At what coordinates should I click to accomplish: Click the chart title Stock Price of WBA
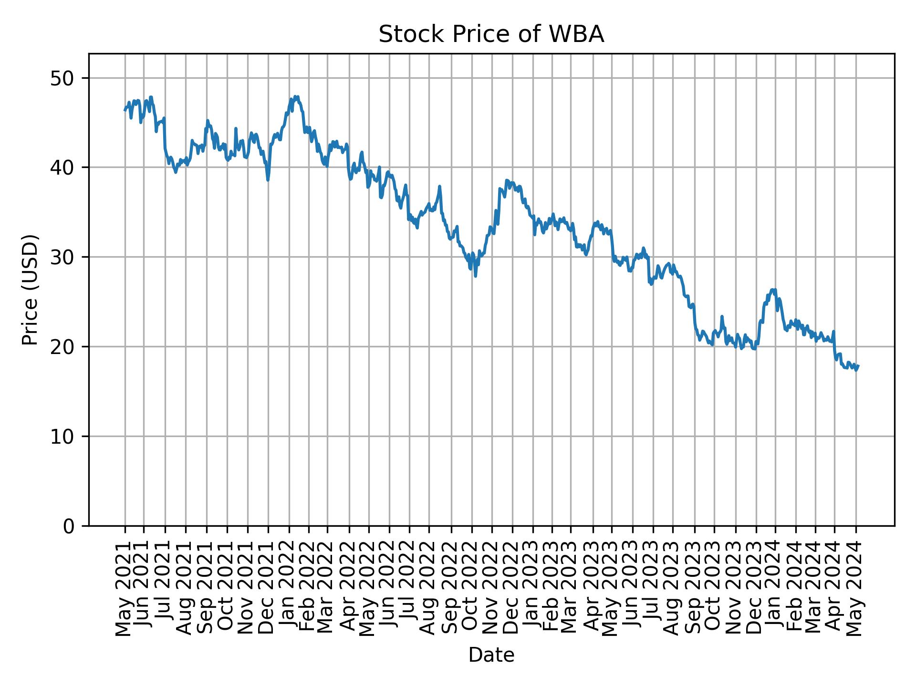(491, 35)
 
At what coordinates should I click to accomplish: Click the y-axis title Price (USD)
(30, 290)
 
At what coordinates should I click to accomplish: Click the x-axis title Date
(491, 655)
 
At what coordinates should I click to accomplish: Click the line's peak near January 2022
(295, 96)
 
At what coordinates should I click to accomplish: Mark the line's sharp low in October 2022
(475, 276)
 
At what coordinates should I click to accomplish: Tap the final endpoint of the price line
(858, 366)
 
